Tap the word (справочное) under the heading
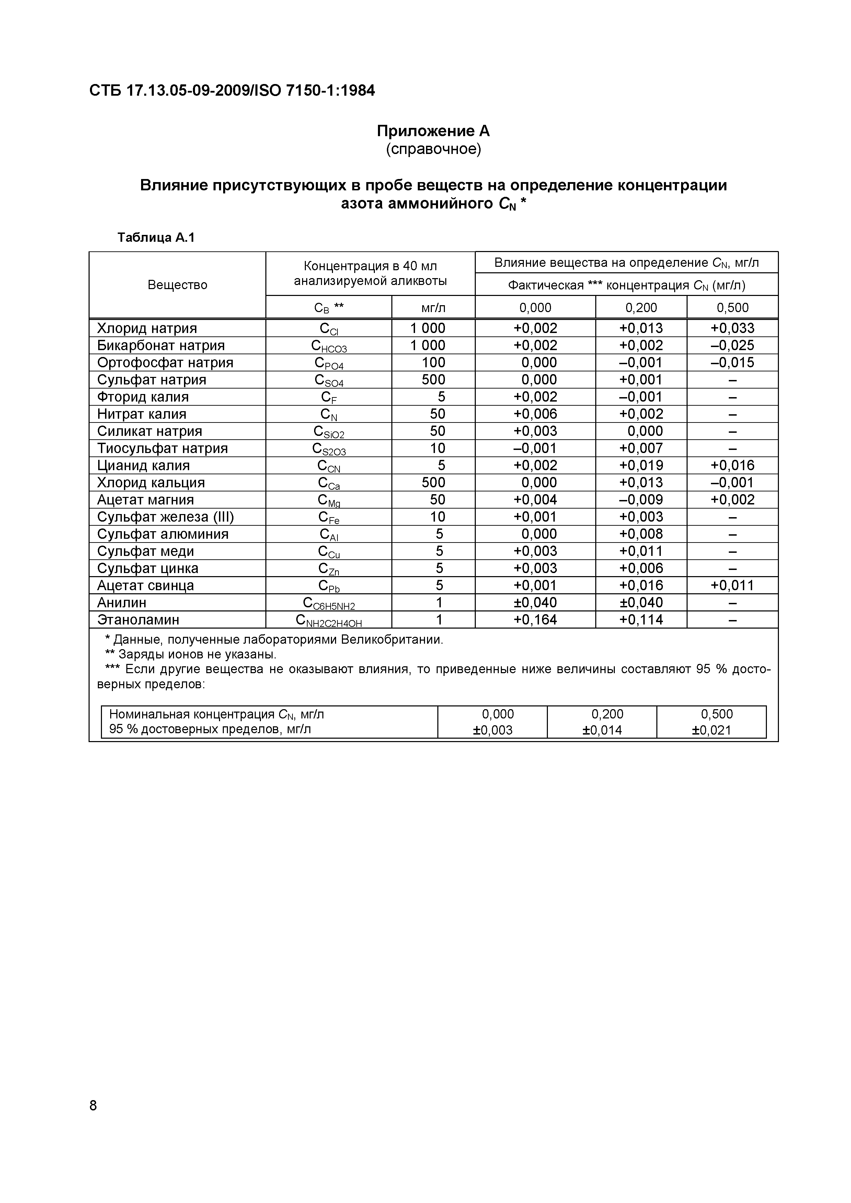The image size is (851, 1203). (433, 149)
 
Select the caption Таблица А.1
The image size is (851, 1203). (156, 238)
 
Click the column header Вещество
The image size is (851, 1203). (177, 285)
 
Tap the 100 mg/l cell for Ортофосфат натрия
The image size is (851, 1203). (433, 362)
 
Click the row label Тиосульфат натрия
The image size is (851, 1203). (162, 449)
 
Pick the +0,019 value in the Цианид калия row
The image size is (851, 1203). (641, 465)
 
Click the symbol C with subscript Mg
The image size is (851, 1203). (329, 500)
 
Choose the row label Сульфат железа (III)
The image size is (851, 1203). (165, 517)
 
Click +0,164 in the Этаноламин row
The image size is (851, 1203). (535, 620)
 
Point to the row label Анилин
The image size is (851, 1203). (122, 603)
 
